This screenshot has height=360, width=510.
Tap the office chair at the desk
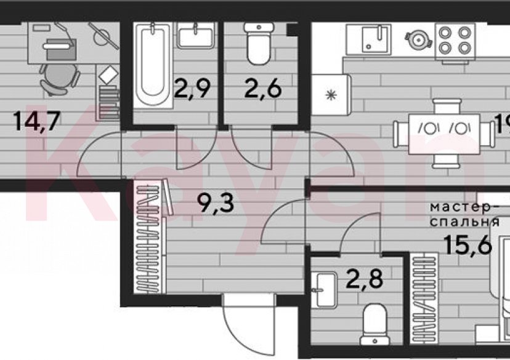pyautogui.click(x=60, y=78)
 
